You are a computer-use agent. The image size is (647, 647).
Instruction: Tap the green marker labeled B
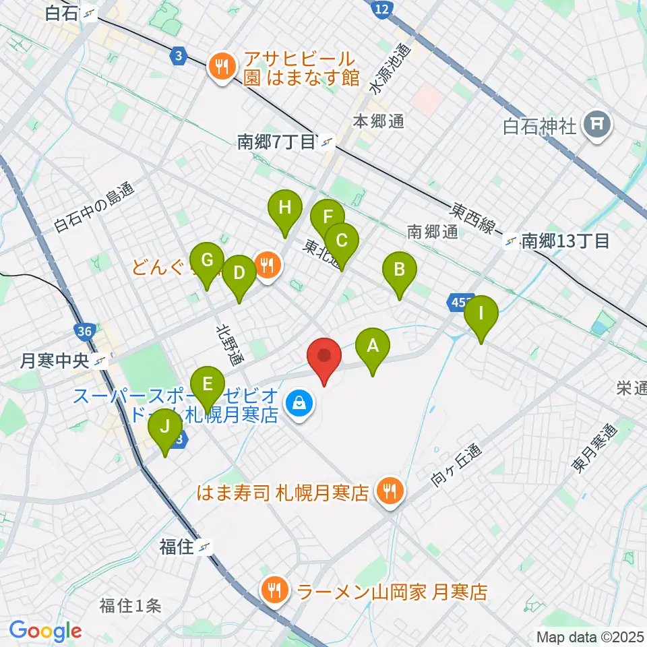(400, 271)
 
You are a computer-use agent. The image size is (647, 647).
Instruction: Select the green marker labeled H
(285, 208)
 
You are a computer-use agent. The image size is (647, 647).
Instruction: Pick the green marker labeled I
(481, 314)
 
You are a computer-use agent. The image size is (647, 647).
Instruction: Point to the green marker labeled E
(208, 385)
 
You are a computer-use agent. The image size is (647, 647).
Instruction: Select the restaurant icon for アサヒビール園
(220, 66)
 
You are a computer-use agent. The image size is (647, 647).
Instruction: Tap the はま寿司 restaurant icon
(389, 491)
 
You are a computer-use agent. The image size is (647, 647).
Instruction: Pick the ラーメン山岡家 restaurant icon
(274, 591)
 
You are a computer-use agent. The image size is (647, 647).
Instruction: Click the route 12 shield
(382, 8)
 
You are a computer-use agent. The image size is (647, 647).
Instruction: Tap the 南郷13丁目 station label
(565, 241)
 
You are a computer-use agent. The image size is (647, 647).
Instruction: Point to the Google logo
(46, 631)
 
